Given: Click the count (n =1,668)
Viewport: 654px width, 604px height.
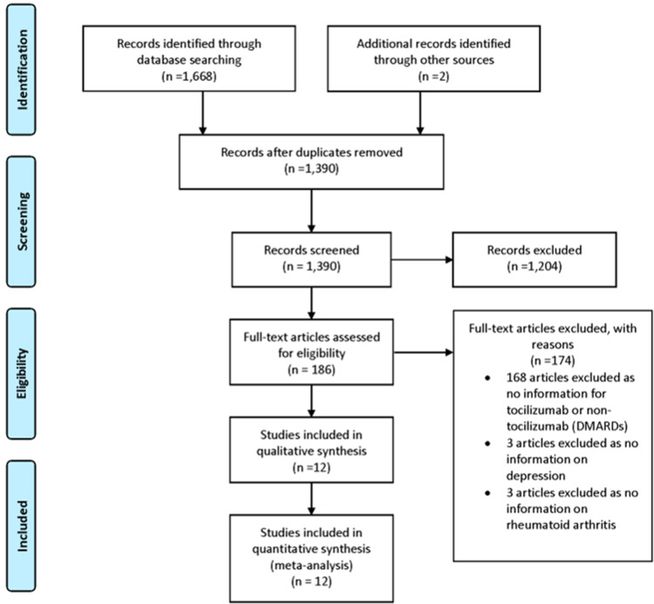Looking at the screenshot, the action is click(189, 77).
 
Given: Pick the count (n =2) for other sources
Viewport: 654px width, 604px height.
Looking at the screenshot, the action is click(433, 77).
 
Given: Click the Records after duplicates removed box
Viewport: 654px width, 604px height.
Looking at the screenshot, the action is click(311, 162).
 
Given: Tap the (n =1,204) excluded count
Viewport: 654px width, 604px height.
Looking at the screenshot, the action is click(535, 267).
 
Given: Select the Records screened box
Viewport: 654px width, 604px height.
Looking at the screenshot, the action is click(311, 260).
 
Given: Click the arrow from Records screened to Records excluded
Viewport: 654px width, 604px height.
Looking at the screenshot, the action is click(422, 260).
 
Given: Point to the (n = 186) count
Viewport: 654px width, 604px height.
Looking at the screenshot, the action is click(311, 370).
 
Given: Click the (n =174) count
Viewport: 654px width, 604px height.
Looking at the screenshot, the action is click(553, 360).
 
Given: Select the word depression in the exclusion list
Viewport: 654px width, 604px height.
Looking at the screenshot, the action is click(535, 476).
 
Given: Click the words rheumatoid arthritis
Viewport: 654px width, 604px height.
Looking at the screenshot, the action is click(561, 525).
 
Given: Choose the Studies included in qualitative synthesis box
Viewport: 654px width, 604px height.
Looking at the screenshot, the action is click(311, 450).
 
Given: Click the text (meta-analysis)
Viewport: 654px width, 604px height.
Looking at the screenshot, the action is click(311, 566).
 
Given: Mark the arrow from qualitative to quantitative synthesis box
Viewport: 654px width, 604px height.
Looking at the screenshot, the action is click(311, 499).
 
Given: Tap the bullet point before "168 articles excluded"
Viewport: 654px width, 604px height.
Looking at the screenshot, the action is click(487, 377).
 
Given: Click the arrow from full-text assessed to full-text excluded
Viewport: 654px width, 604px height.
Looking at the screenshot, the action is click(423, 352).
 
